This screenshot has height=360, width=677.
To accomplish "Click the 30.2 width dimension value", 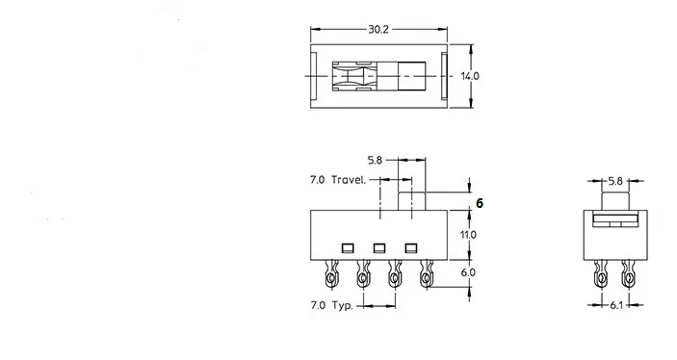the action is coord(378,29).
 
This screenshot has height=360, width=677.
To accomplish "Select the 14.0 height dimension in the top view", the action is coord(470,76).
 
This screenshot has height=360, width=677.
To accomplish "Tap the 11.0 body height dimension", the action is coord(468,235).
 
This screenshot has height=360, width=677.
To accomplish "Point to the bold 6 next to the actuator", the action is coord(480,203).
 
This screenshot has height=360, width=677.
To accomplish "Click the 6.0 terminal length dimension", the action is coord(468,272).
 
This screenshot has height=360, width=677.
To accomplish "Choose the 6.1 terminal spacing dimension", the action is coord(616,305).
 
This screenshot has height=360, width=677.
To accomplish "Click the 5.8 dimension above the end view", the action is coord(615,181).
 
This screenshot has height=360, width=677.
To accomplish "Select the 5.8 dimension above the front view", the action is coord(375,160).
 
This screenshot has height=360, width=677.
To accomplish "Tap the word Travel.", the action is coord(349,180).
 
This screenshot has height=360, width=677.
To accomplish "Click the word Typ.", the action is coord(343,305).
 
